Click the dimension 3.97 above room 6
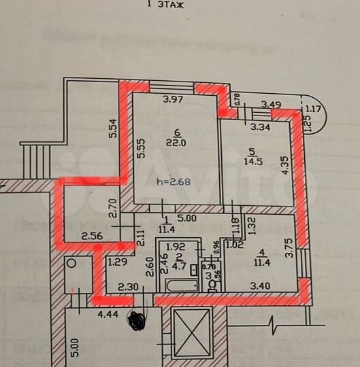click(x=173, y=101)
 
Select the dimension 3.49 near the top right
click(x=272, y=104)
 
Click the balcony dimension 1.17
click(x=312, y=109)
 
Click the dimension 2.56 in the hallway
click(x=91, y=236)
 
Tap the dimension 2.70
click(x=114, y=205)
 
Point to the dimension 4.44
click(x=89, y=314)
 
